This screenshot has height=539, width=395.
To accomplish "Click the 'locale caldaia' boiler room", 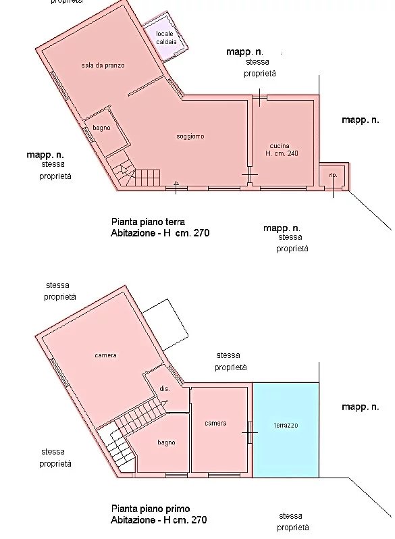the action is point(165,37).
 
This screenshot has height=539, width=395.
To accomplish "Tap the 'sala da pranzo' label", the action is point(103,66).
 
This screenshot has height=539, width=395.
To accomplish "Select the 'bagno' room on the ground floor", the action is point(107,131).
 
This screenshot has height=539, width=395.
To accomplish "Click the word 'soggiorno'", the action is point(190,136).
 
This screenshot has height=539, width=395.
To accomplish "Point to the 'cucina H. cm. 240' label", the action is point(282,150).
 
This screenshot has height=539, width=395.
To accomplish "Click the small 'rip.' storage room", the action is point(334,176).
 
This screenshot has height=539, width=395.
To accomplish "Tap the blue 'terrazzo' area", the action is point(286,430).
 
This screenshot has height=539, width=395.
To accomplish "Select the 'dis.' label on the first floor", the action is point(165,389).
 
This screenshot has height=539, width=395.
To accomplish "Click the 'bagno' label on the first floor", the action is point(166,442).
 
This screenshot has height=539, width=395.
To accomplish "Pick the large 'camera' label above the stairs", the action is point(105,355).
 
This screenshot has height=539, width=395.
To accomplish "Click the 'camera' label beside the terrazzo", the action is point(215,423).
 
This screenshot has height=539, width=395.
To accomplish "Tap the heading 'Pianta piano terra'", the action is point(148,222).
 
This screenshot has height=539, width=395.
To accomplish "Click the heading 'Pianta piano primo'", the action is point(151,509).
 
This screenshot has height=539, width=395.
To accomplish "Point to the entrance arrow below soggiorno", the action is point(176,187).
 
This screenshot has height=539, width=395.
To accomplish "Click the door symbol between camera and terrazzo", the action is point(250,432).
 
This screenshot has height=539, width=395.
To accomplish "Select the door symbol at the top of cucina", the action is point(259,97).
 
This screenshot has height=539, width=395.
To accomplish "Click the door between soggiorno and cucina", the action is point(250,175).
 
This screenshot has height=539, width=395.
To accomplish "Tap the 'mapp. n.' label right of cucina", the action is point(361,120).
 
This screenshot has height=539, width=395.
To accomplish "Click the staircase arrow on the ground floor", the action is point(124,170).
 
